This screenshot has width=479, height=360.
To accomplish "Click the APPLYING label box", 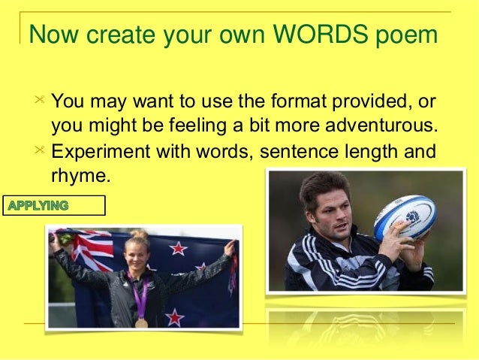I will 54,205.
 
